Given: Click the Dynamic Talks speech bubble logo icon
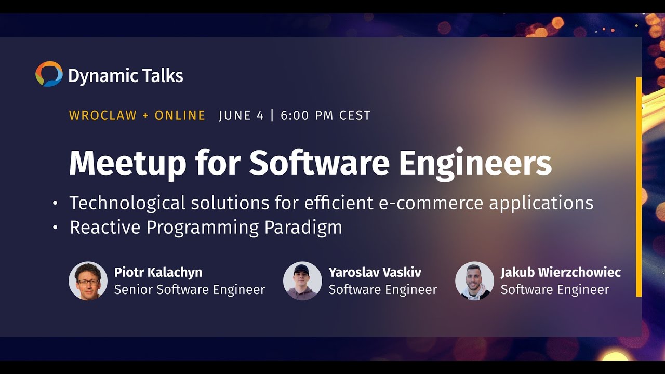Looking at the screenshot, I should pyautogui.click(x=49, y=74).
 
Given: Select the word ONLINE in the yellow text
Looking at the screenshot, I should pyautogui.click(x=180, y=115).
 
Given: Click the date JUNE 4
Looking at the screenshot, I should pyautogui.click(x=241, y=115).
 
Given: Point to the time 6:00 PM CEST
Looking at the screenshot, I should pyautogui.click(x=326, y=115).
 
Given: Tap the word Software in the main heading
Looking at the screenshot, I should pyautogui.click(x=319, y=164).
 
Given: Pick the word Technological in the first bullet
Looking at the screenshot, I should pyautogui.click(x=126, y=203).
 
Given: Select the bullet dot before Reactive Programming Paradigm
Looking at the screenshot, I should pyautogui.click(x=55, y=228).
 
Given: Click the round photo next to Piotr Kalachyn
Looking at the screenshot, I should pyautogui.click(x=88, y=280).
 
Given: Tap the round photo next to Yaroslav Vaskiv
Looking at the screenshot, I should pyautogui.click(x=302, y=280).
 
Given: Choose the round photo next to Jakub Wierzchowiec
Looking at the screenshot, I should pyautogui.click(x=474, y=280).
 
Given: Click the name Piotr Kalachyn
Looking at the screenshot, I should pyautogui.click(x=158, y=272).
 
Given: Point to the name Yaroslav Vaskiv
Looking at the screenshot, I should pyautogui.click(x=375, y=272).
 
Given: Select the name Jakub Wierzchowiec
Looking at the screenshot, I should pyautogui.click(x=561, y=272).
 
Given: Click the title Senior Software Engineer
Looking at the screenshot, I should pyautogui.click(x=190, y=289).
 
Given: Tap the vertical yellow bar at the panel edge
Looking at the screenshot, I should pyautogui.click(x=639, y=187).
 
